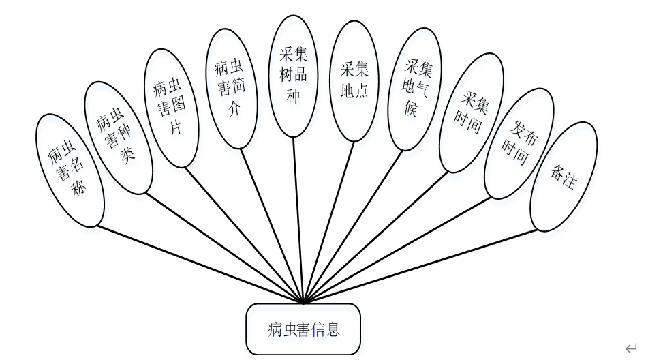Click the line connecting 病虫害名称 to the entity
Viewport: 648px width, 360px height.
[x=198, y=263]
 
